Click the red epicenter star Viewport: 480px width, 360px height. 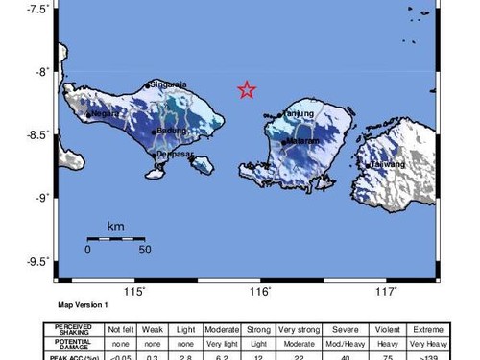[247, 90]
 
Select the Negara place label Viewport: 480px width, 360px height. [105, 113]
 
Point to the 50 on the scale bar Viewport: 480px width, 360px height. [144, 251]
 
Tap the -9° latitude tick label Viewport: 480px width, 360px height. [40, 198]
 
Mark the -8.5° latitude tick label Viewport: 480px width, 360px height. [36, 134]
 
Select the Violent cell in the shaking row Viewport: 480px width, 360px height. [388, 328]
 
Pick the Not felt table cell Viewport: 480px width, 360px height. [120, 328]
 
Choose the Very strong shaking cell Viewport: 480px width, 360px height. [299, 328]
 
